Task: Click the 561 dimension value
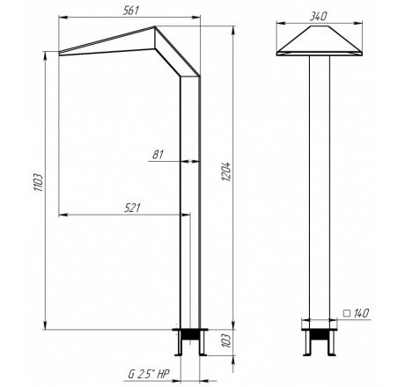click(130, 11)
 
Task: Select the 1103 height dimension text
click(39, 182)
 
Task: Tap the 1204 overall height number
click(227, 172)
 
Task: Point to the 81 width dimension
click(158, 155)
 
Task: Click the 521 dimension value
click(132, 208)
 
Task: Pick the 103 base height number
click(227, 340)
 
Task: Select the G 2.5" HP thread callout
click(149, 374)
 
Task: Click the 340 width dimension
click(318, 16)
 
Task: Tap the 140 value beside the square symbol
click(361, 313)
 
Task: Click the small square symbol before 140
click(347, 313)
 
